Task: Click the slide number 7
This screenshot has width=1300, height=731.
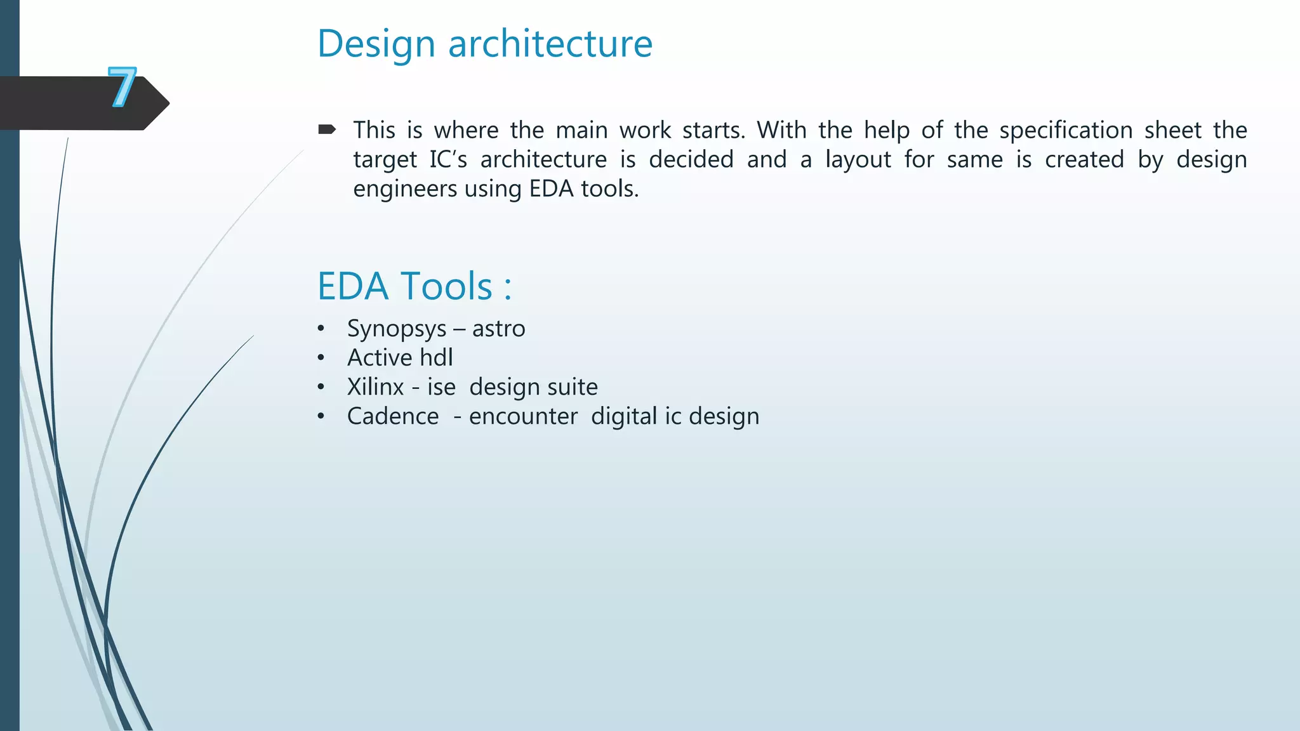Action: point(122,87)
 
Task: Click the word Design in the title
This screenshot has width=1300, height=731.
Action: point(376,44)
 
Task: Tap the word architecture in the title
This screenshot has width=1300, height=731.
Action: point(550,44)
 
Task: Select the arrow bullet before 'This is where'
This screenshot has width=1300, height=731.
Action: point(327,130)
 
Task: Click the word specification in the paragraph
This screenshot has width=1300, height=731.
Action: point(1066,131)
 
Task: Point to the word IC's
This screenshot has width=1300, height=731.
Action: point(448,159)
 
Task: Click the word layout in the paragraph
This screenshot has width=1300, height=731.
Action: point(858,159)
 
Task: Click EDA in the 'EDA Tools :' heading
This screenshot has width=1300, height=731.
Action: point(353,286)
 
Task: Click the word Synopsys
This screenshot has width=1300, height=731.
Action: point(397,329)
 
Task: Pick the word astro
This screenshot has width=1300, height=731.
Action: point(498,329)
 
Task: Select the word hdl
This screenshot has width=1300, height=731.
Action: point(436,358)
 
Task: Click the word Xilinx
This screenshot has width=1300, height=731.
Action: point(375,387)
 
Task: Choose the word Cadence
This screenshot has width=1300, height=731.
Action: point(392,416)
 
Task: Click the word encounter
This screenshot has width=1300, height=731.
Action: point(523,416)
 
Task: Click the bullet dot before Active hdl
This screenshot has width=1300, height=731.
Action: point(321,358)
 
